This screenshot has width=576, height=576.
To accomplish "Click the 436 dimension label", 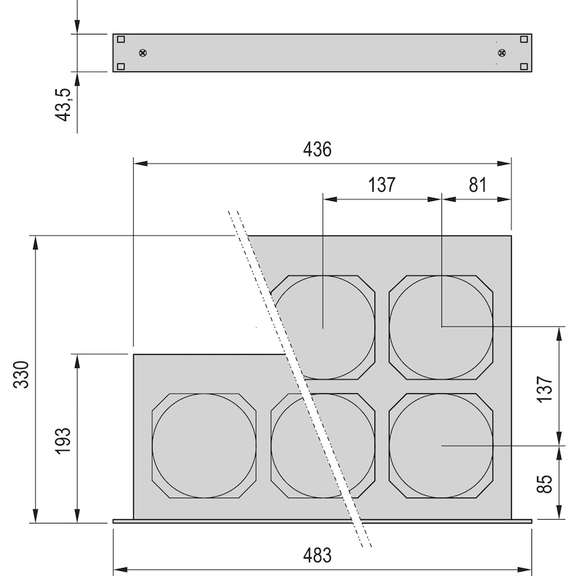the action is click(317, 150).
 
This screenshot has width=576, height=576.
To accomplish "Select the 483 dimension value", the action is click(317, 555).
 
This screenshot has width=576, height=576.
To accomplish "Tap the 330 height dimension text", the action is click(22, 374).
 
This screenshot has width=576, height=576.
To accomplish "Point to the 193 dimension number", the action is click(63, 441).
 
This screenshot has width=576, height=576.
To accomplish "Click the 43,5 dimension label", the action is click(63, 104).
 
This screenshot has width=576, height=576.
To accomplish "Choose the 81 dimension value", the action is click(477, 185).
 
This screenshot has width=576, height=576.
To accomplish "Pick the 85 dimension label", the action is click(544, 484).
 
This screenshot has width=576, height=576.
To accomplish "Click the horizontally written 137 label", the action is click(382, 185).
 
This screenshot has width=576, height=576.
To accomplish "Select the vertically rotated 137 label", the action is click(544, 389).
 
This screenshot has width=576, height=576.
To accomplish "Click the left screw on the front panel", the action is click(143, 53).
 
